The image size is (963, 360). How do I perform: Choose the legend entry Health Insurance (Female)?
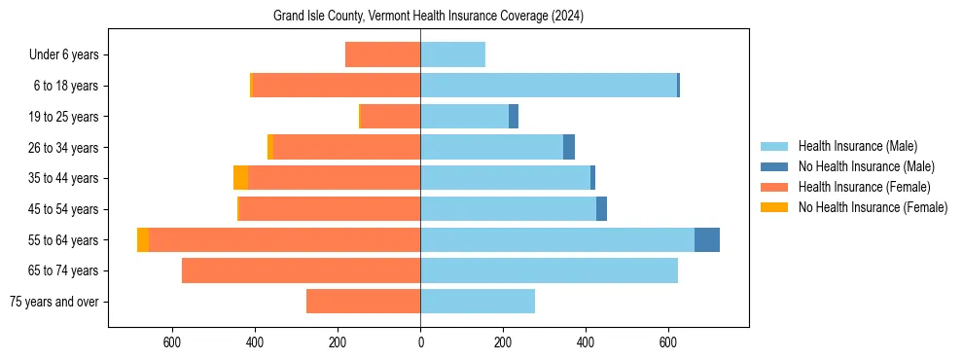point(864,187)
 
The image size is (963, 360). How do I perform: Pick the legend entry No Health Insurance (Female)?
point(873,207)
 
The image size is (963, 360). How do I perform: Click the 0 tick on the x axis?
point(420,342)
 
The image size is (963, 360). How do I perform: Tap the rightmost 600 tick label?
point(668,342)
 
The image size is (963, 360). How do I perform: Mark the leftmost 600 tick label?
point(172,342)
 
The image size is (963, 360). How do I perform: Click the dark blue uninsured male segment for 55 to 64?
point(707,239)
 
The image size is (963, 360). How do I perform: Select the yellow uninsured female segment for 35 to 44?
point(240,178)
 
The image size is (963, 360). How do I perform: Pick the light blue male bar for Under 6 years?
point(452,54)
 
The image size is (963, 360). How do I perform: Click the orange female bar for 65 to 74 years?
point(301,270)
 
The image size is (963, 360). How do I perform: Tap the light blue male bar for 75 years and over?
point(478,302)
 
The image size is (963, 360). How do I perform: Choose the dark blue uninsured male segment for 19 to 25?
point(514,117)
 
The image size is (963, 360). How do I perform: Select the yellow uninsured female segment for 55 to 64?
point(143,239)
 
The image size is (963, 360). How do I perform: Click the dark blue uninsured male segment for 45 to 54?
point(601,209)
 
